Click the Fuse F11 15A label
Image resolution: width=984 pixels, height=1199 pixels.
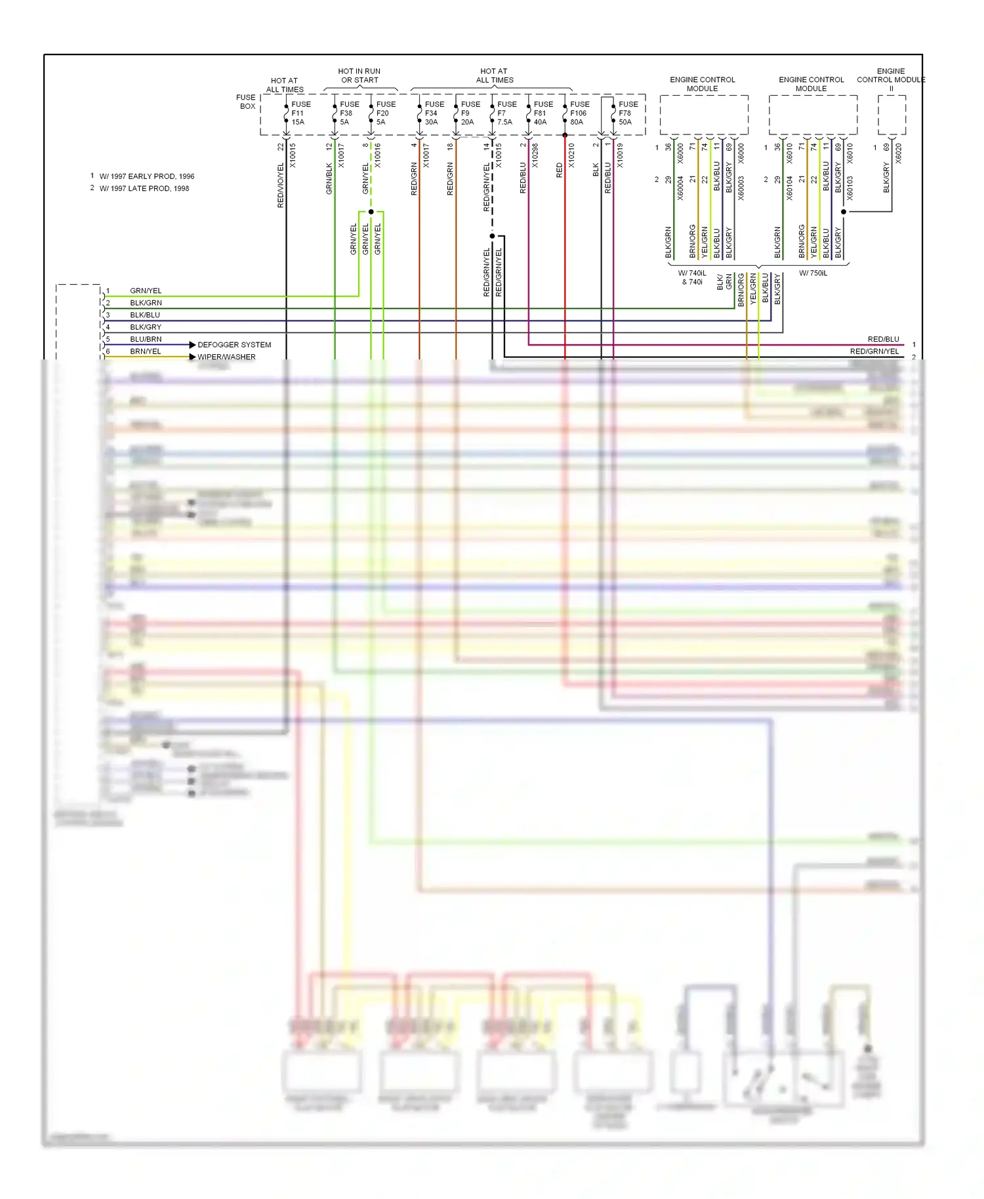coord(300,113)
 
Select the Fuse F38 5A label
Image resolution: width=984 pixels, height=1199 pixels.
coord(348,113)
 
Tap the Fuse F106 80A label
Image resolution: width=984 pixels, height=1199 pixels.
coord(579,113)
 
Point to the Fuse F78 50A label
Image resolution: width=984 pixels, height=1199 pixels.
coord(627,113)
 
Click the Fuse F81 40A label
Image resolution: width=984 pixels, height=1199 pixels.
coord(543,113)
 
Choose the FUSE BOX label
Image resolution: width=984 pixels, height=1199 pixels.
coord(247,102)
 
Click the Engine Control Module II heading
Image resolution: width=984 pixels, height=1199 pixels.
coord(890,79)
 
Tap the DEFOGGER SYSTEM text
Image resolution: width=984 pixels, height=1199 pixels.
coord(234,345)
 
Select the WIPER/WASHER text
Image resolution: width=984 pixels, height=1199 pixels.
coord(226,357)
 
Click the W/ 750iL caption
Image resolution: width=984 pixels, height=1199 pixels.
coord(813,274)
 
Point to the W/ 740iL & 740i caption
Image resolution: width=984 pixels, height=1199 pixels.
coord(692,277)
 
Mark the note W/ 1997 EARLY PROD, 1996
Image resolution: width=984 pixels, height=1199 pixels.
coord(146,176)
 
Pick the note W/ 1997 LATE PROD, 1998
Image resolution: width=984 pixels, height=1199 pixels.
coord(144,188)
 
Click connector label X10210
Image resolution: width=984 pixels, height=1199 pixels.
coord(571,156)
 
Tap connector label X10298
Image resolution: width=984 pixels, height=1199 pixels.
coord(535,156)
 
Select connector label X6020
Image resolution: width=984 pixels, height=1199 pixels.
coord(899,153)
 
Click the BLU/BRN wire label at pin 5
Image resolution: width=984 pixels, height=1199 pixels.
coord(146,339)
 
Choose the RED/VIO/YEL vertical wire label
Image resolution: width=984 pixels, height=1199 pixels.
coord(281,186)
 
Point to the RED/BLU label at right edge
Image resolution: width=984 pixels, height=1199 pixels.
coord(883,339)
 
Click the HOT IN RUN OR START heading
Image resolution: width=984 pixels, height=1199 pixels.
coord(359,75)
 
